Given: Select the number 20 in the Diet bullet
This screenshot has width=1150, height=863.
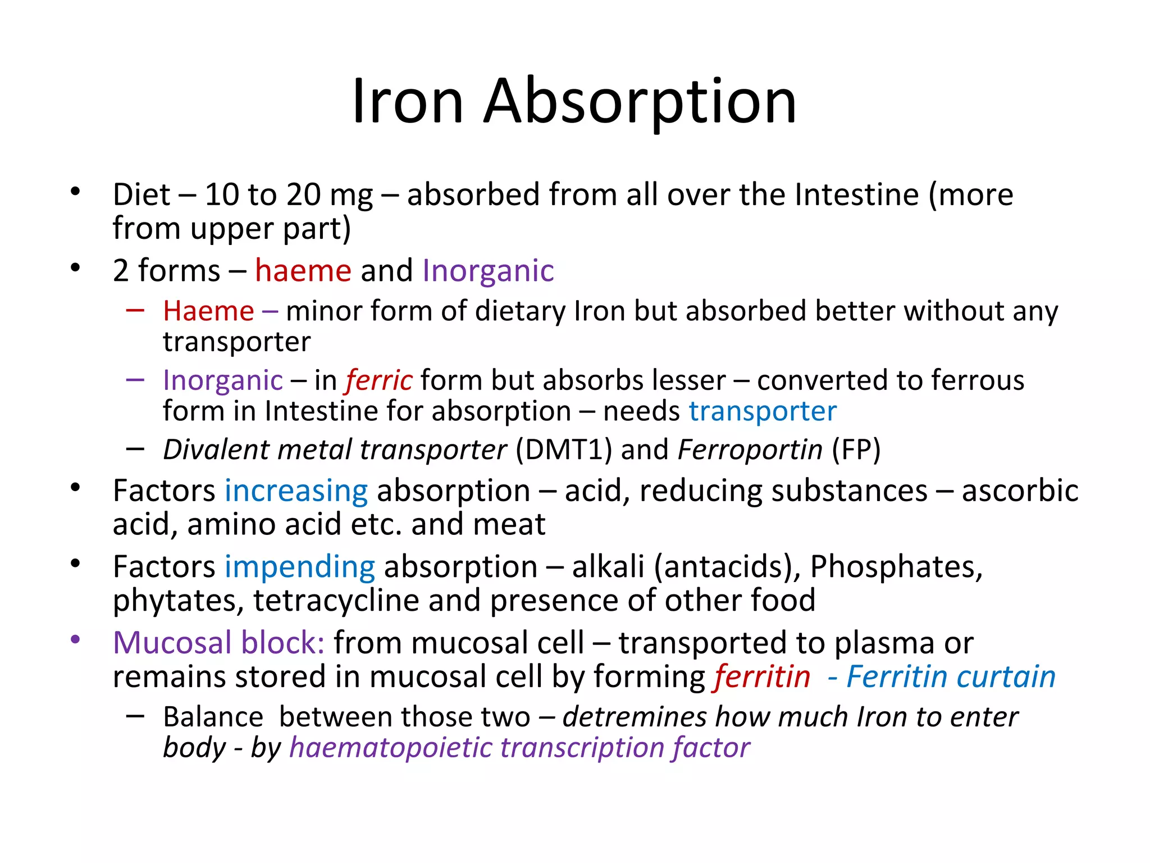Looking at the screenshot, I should coord(303,194).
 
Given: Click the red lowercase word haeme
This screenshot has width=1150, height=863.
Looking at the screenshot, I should coord(303,271).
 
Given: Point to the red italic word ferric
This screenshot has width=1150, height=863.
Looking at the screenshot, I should coord(380,380).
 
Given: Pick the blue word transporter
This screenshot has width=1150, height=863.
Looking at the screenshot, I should coord(763,411).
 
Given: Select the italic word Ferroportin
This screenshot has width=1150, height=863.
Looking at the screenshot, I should coord(750,449).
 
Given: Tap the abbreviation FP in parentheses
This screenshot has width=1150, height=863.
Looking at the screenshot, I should coord(856,449).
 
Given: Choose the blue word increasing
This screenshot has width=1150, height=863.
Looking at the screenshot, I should coord(296,490).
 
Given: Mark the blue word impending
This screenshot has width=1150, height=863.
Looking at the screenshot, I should coord(300,566).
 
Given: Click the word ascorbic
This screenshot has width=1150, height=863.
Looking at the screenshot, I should coord(1020,490).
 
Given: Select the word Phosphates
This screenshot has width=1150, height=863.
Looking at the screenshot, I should coord(896,566).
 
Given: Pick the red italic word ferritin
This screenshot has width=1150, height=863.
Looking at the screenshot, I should coord(763,676).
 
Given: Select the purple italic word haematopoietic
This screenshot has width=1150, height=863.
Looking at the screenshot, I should coord(390,748).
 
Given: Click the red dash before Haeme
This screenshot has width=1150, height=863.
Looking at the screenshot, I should coord(135,310).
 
